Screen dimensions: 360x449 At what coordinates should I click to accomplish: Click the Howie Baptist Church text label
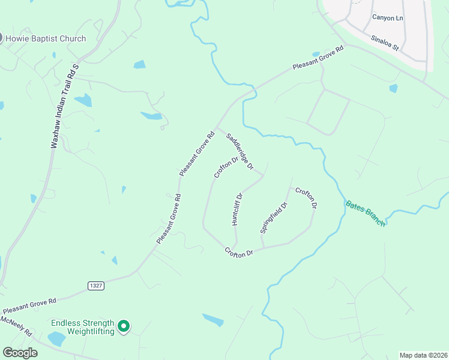[46, 39]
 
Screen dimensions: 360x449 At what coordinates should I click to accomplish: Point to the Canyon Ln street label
[388, 17]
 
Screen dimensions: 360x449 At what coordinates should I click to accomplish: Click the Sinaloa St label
[385, 42]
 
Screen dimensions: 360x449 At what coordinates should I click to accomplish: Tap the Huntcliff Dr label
[237, 209]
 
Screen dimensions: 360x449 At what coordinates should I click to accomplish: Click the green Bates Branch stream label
[365, 212]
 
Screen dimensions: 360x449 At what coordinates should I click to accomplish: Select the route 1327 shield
[95, 285]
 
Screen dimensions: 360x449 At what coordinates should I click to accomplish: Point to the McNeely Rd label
[16, 326]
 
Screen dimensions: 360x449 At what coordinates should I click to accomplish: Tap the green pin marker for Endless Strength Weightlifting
[124, 326]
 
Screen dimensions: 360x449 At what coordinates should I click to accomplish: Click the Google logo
[20, 353]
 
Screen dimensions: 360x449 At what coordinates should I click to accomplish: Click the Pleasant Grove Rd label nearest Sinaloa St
[318, 58]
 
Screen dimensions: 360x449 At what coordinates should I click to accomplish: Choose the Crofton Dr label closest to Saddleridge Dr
[226, 167]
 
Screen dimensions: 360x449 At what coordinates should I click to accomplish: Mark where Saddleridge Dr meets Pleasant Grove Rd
[217, 127]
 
